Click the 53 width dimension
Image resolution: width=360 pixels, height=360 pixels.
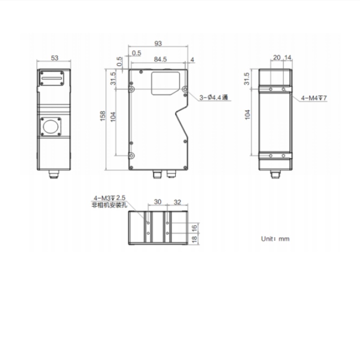pos(54,58)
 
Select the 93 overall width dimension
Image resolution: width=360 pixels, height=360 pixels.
pos(158,43)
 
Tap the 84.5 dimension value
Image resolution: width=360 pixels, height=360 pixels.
pos(160,59)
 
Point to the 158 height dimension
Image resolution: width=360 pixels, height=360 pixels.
pos(103,116)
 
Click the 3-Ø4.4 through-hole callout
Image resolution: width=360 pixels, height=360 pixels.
pos(214,97)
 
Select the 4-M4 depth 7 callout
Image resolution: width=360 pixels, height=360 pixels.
pos(313,98)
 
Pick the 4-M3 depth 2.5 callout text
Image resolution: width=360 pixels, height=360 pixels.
pos(109,198)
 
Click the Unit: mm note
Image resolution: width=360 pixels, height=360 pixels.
pos(275,239)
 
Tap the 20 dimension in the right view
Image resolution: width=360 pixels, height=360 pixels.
pos(277,57)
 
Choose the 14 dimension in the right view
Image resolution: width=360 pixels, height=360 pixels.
pos(288,57)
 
